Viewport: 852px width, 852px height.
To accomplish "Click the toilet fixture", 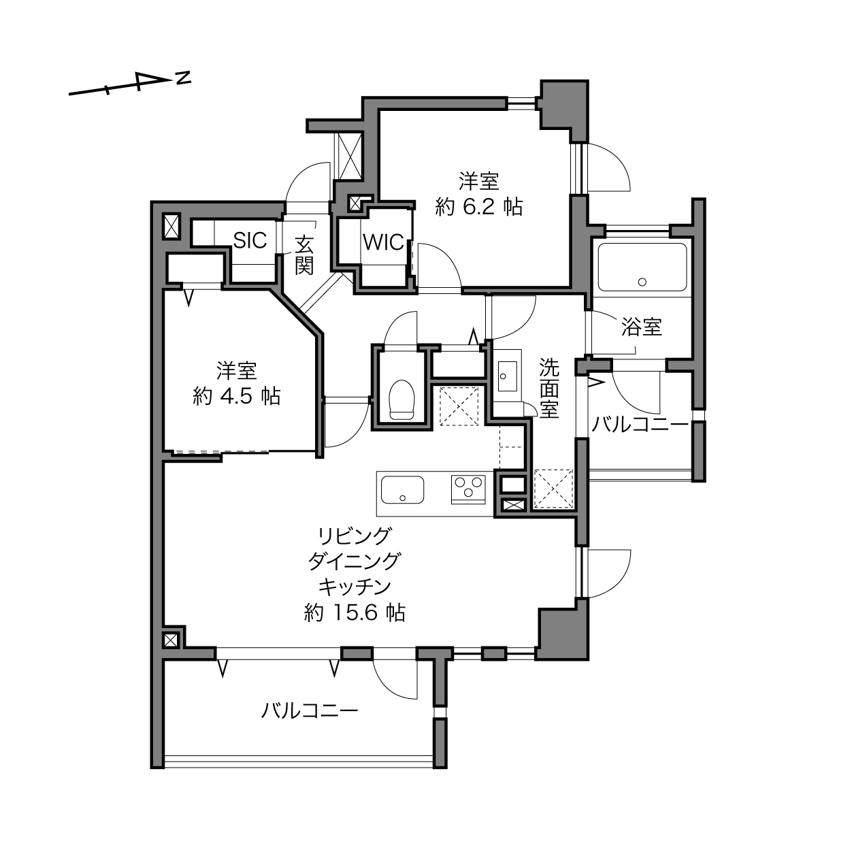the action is coord(402,399).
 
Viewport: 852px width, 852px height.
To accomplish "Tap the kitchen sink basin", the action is coord(402,489).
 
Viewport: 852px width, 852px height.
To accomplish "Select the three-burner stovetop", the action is coord(468,489).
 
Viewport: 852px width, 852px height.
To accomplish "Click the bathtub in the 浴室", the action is coord(642,267).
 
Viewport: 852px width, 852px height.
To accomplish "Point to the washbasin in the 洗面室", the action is coord(507,376).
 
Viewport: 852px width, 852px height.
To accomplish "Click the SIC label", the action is coord(250,240).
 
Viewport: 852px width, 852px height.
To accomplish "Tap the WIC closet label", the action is coord(383,242).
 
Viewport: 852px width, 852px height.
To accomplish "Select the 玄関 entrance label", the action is coord(304,255).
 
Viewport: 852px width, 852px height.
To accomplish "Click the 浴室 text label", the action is coord(642,327).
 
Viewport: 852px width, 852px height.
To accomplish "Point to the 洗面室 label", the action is coord(549,388).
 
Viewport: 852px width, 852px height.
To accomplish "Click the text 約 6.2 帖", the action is coord(479,206).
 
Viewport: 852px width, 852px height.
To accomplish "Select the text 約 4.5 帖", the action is coord(237,395).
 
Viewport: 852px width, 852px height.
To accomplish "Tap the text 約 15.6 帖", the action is coord(355,613).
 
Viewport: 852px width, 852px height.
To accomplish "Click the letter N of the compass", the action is coord(183,78).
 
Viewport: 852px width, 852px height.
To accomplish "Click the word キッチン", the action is coord(355,587).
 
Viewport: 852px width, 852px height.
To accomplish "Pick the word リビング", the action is coord(355,536).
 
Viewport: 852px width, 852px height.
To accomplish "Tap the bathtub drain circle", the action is coord(642,282).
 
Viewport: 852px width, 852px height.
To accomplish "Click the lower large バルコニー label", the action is coord(309,711).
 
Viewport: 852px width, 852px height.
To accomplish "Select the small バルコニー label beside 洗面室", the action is coord(640,425).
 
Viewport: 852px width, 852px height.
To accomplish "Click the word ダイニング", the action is coord(355,561).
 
